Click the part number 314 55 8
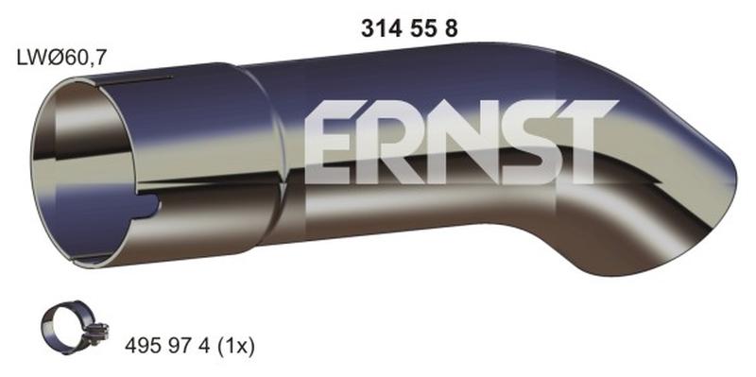point(409,29)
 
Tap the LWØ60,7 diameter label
point(60,59)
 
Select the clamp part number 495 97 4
point(167,346)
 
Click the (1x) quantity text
point(234,346)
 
